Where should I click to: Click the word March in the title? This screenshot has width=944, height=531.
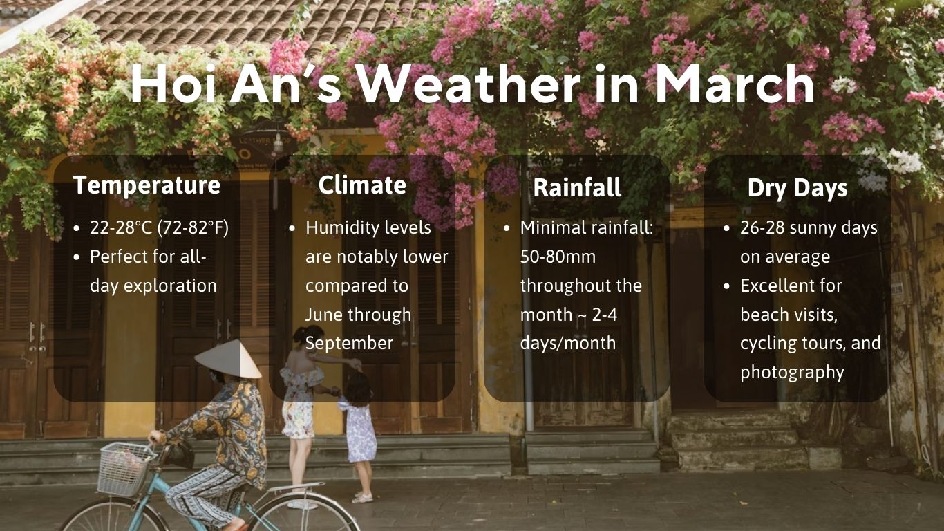(x=735, y=84)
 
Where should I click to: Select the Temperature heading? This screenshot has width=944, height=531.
(x=147, y=185)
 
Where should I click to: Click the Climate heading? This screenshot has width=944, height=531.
(x=362, y=185)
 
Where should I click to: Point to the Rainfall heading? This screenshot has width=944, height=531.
(x=577, y=188)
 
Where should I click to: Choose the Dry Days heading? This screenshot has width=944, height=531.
(x=797, y=189)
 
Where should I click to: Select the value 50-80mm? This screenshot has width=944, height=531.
(x=558, y=257)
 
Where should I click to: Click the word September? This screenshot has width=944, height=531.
(x=349, y=343)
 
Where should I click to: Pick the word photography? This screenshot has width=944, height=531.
(x=792, y=372)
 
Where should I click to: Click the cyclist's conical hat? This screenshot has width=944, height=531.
(x=227, y=358)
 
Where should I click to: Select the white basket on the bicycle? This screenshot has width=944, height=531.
(x=125, y=469)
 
